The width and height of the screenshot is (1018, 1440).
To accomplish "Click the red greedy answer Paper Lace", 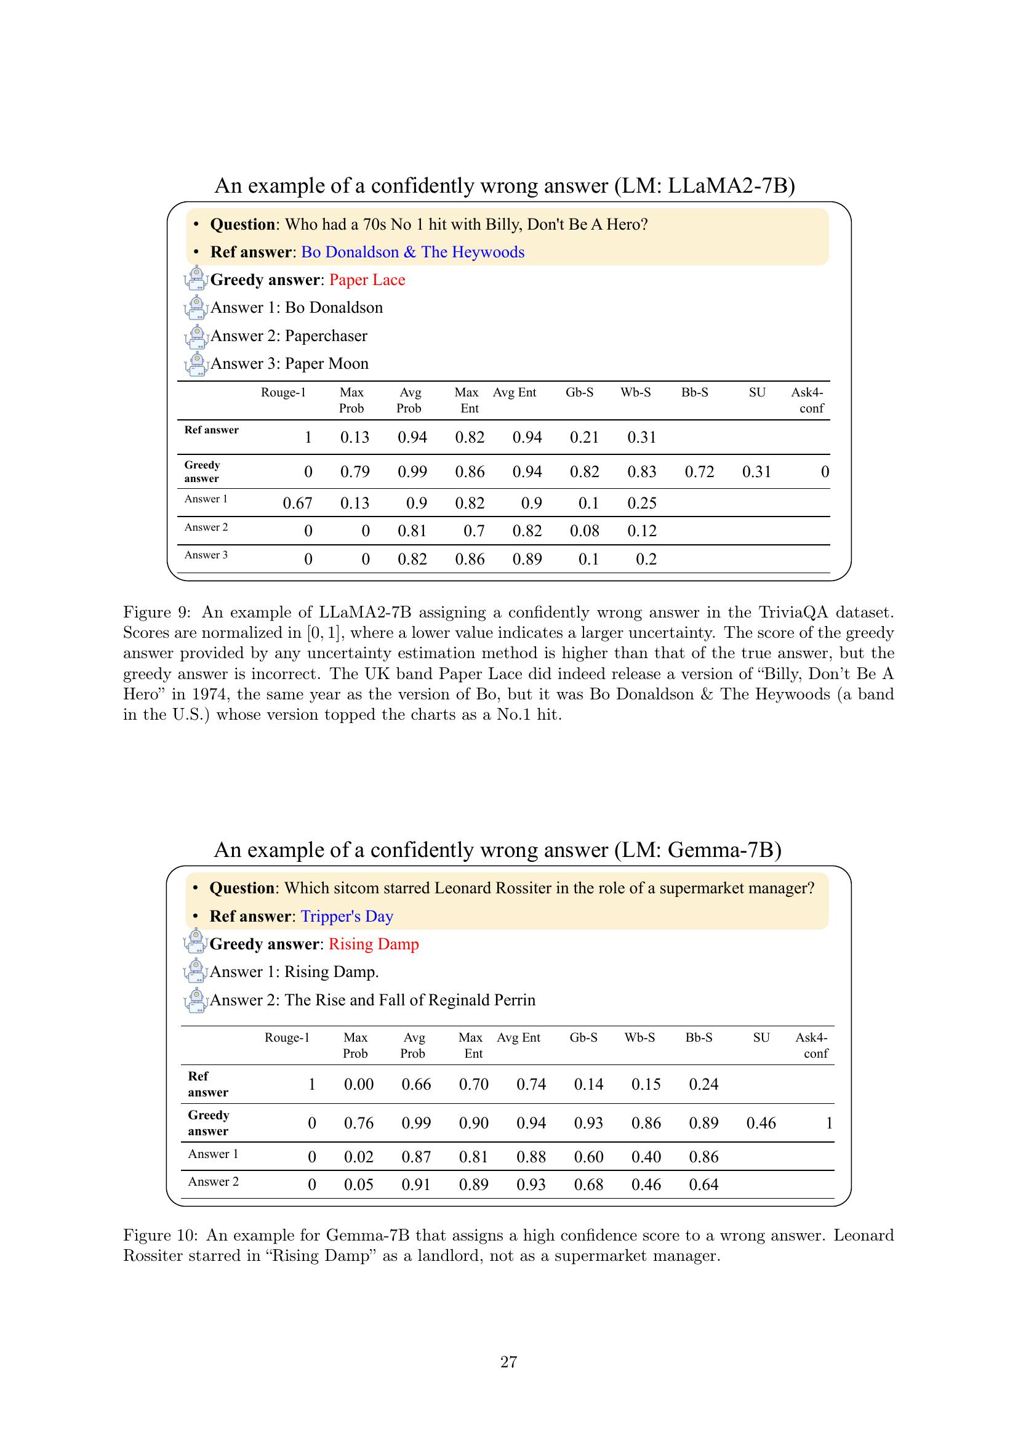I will pyautogui.click(x=367, y=280).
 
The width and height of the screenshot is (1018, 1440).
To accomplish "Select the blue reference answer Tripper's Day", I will pyautogui.click(x=347, y=916).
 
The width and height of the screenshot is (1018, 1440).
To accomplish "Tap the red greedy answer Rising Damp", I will pyautogui.click(x=374, y=944).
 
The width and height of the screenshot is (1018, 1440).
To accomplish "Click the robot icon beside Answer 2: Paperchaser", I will pyautogui.click(x=196, y=336).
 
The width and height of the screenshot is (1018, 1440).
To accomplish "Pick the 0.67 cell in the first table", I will pyautogui.click(x=297, y=503).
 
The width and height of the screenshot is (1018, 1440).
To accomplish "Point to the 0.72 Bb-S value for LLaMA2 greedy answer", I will pyautogui.click(x=699, y=472).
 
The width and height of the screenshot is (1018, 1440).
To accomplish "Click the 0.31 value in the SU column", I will pyautogui.click(x=756, y=472).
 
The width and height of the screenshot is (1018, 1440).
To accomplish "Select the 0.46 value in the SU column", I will pyautogui.click(x=760, y=1124).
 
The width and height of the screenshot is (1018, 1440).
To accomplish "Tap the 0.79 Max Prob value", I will pyautogui.click(x=355, y=472).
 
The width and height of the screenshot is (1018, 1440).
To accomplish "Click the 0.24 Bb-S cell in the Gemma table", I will pyautogui.click(x=703, y=1084).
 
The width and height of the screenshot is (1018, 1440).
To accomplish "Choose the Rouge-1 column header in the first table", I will pyautogui.click(x=283, y=393).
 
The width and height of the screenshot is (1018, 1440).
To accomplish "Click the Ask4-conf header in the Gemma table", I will pyautogui.click(x=812, y=1045).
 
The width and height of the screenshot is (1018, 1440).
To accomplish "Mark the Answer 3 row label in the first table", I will pyautogui.click(x=206, y=555).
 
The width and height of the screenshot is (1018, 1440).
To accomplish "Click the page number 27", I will pyautogui.click(x=508, y=1362).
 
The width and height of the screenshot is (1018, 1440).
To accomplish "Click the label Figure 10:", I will pyautogui.click(x=161, y=1235).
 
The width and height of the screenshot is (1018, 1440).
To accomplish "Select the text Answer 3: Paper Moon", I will pyautogui.click(x=289, y=364).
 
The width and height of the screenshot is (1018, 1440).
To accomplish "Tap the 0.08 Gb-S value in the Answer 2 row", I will pyautogui.click(x=584, y=531).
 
